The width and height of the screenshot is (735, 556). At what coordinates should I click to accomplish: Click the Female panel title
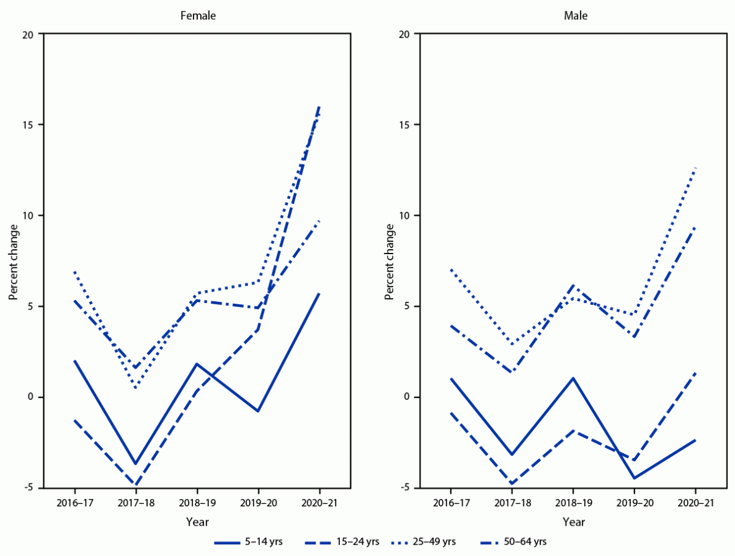[198, 16]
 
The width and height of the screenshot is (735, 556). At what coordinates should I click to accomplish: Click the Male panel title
[574, 16]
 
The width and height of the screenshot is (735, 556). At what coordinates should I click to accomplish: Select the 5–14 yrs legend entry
[249, 542]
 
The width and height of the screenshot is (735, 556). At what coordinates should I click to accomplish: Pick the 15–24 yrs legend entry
[342, 542]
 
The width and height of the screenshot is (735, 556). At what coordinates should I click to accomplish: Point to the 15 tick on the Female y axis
[30, 125]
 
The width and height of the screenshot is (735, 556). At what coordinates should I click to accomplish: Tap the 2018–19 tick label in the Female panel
[197, 504]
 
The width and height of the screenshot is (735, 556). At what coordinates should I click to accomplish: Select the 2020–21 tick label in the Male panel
[695, 504]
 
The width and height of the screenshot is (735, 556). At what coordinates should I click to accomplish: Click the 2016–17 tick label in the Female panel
[75, 504]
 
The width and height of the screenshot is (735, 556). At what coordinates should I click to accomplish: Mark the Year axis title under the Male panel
[574, 522]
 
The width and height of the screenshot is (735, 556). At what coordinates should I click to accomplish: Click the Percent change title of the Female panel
[13, 261]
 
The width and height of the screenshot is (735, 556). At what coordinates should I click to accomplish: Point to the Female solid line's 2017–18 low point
[136, 464]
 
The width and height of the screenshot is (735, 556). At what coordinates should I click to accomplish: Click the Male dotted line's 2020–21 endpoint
[695, 168]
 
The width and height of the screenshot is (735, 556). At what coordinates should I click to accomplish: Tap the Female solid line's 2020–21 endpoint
[319, 293]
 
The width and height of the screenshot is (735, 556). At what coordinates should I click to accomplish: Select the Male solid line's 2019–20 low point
[634, 478]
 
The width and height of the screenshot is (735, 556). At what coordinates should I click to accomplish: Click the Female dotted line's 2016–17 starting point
[75, 272]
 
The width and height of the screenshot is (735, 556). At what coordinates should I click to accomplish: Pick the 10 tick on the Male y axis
[406, 216]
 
